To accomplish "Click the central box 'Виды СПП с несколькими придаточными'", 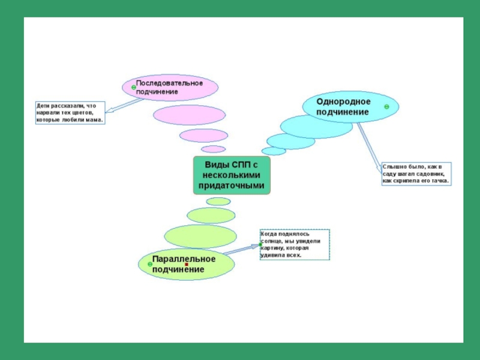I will coord(232,175).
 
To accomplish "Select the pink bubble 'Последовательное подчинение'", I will coord(170,88).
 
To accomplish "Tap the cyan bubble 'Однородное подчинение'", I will coord(350,107).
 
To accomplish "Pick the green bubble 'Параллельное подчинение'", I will coord(186,265).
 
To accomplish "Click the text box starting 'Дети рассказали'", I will coord(69,112).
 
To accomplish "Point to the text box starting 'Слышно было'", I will coord(416,173).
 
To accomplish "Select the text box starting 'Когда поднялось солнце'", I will coord(294,244).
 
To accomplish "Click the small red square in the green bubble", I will coord(187,265).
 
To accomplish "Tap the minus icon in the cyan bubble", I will coord(387,106).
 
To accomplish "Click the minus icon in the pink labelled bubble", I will coord(133,86).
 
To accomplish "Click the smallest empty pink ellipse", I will coord(212,149).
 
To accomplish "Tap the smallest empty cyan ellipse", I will coord(274,151).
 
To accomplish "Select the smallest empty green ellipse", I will coord(218,202).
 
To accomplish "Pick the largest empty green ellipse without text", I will coord(200,236).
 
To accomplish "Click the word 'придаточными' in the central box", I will coord(232,186).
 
